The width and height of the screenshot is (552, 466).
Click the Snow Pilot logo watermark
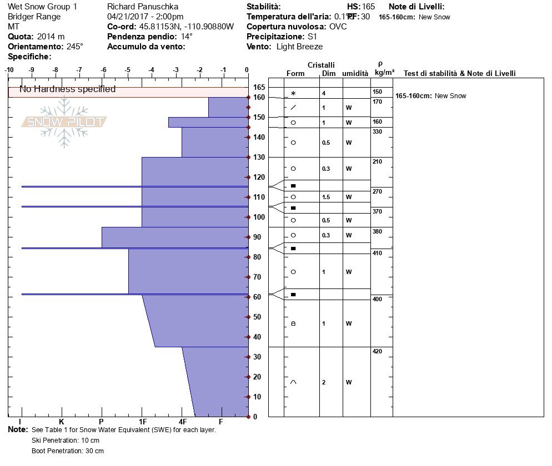64,122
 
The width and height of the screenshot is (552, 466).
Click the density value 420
378,351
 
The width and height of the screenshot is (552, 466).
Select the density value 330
378,131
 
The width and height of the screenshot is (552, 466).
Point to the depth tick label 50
257,317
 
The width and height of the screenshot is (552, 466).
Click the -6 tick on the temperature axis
103,69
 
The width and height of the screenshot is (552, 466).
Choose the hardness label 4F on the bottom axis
182,421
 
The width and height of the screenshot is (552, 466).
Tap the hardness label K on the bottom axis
61,421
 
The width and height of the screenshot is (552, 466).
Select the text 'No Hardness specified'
68,89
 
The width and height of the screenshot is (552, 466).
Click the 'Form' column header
295,73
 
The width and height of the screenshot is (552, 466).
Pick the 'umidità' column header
355,73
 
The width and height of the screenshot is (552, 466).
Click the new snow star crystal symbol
293,93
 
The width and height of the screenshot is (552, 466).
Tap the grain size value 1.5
326,197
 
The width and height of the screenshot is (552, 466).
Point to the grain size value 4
323,93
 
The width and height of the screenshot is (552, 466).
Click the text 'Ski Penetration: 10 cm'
66,440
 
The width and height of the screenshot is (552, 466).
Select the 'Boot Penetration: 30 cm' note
68,451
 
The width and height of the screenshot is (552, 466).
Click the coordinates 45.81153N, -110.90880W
186,27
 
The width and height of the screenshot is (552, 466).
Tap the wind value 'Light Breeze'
299,47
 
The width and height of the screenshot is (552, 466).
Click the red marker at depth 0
248,417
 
